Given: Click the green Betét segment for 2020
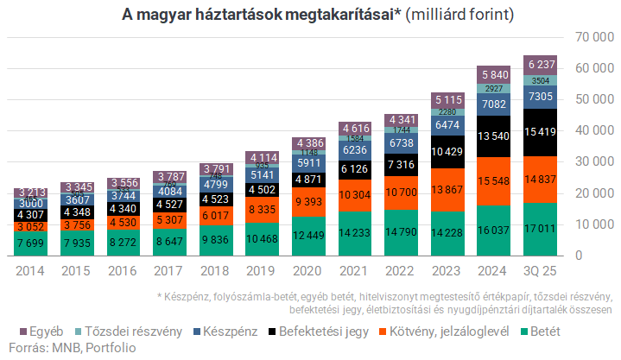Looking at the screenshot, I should click(309, 236).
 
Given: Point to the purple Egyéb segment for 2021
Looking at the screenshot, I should click(356, 128).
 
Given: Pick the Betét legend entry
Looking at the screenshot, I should click(542, 331).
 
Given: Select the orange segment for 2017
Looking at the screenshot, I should click(169, 219).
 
